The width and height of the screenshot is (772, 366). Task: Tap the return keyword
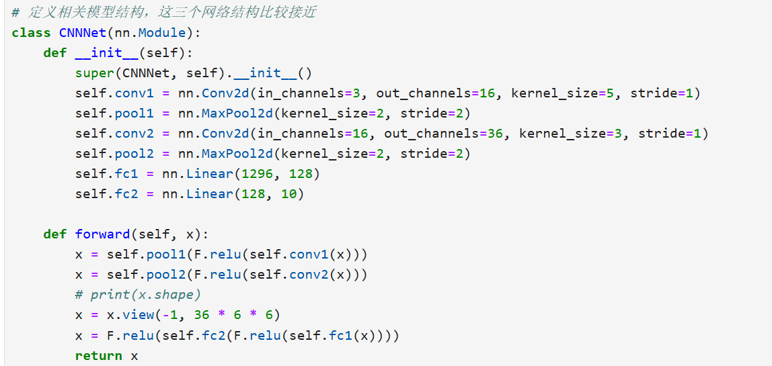pos(98,355)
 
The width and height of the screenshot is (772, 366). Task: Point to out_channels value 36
pos(495,134)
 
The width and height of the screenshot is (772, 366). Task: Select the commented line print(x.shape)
pos(138,295)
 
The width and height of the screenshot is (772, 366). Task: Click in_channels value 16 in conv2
pos(360,134)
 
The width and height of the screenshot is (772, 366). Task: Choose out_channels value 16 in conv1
pos(487,93)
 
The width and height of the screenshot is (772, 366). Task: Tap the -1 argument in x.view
pos(170,315)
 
